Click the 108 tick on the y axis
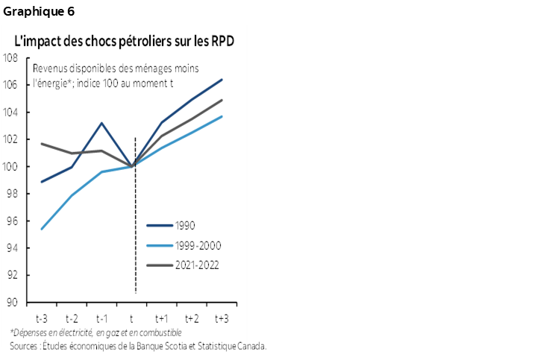click(12, 58)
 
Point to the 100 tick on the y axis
click(12, 166)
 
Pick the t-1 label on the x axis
click(101, 318)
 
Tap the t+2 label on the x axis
click(192, 318)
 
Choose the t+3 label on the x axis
click(222, 318)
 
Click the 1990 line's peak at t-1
click(101, 123)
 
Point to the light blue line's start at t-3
click(41, 229)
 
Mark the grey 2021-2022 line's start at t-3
click(41, 144)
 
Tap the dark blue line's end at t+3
click(222, 80)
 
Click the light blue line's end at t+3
click(222, 116)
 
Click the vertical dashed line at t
click(134, 224)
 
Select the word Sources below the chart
click(25, 345)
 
